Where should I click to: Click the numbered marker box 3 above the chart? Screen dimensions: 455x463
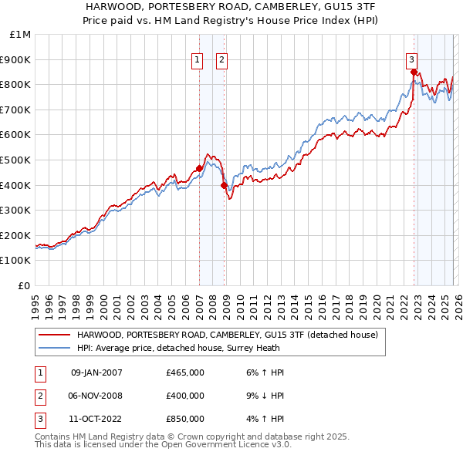point(412,59)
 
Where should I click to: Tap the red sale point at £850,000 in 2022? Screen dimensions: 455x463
point(414,72)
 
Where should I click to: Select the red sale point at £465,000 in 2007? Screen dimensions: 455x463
point(199,168)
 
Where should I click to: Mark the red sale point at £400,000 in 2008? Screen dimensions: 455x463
point(224,185)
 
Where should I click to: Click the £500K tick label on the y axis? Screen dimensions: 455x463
point(17,160)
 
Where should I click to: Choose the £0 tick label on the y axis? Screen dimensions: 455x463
point(25,285)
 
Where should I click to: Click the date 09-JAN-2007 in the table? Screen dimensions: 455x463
point(96,372)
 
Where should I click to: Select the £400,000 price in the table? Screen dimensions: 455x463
point(185,396)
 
